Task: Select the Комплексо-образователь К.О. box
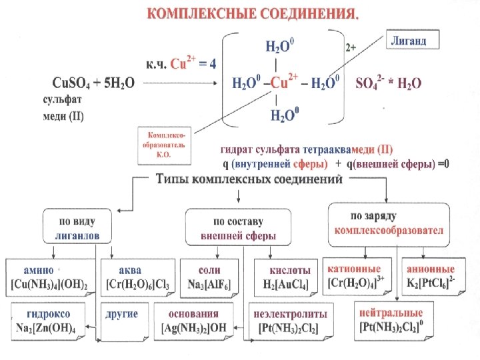coord(164,145)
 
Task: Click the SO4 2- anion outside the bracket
coord(371,84)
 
